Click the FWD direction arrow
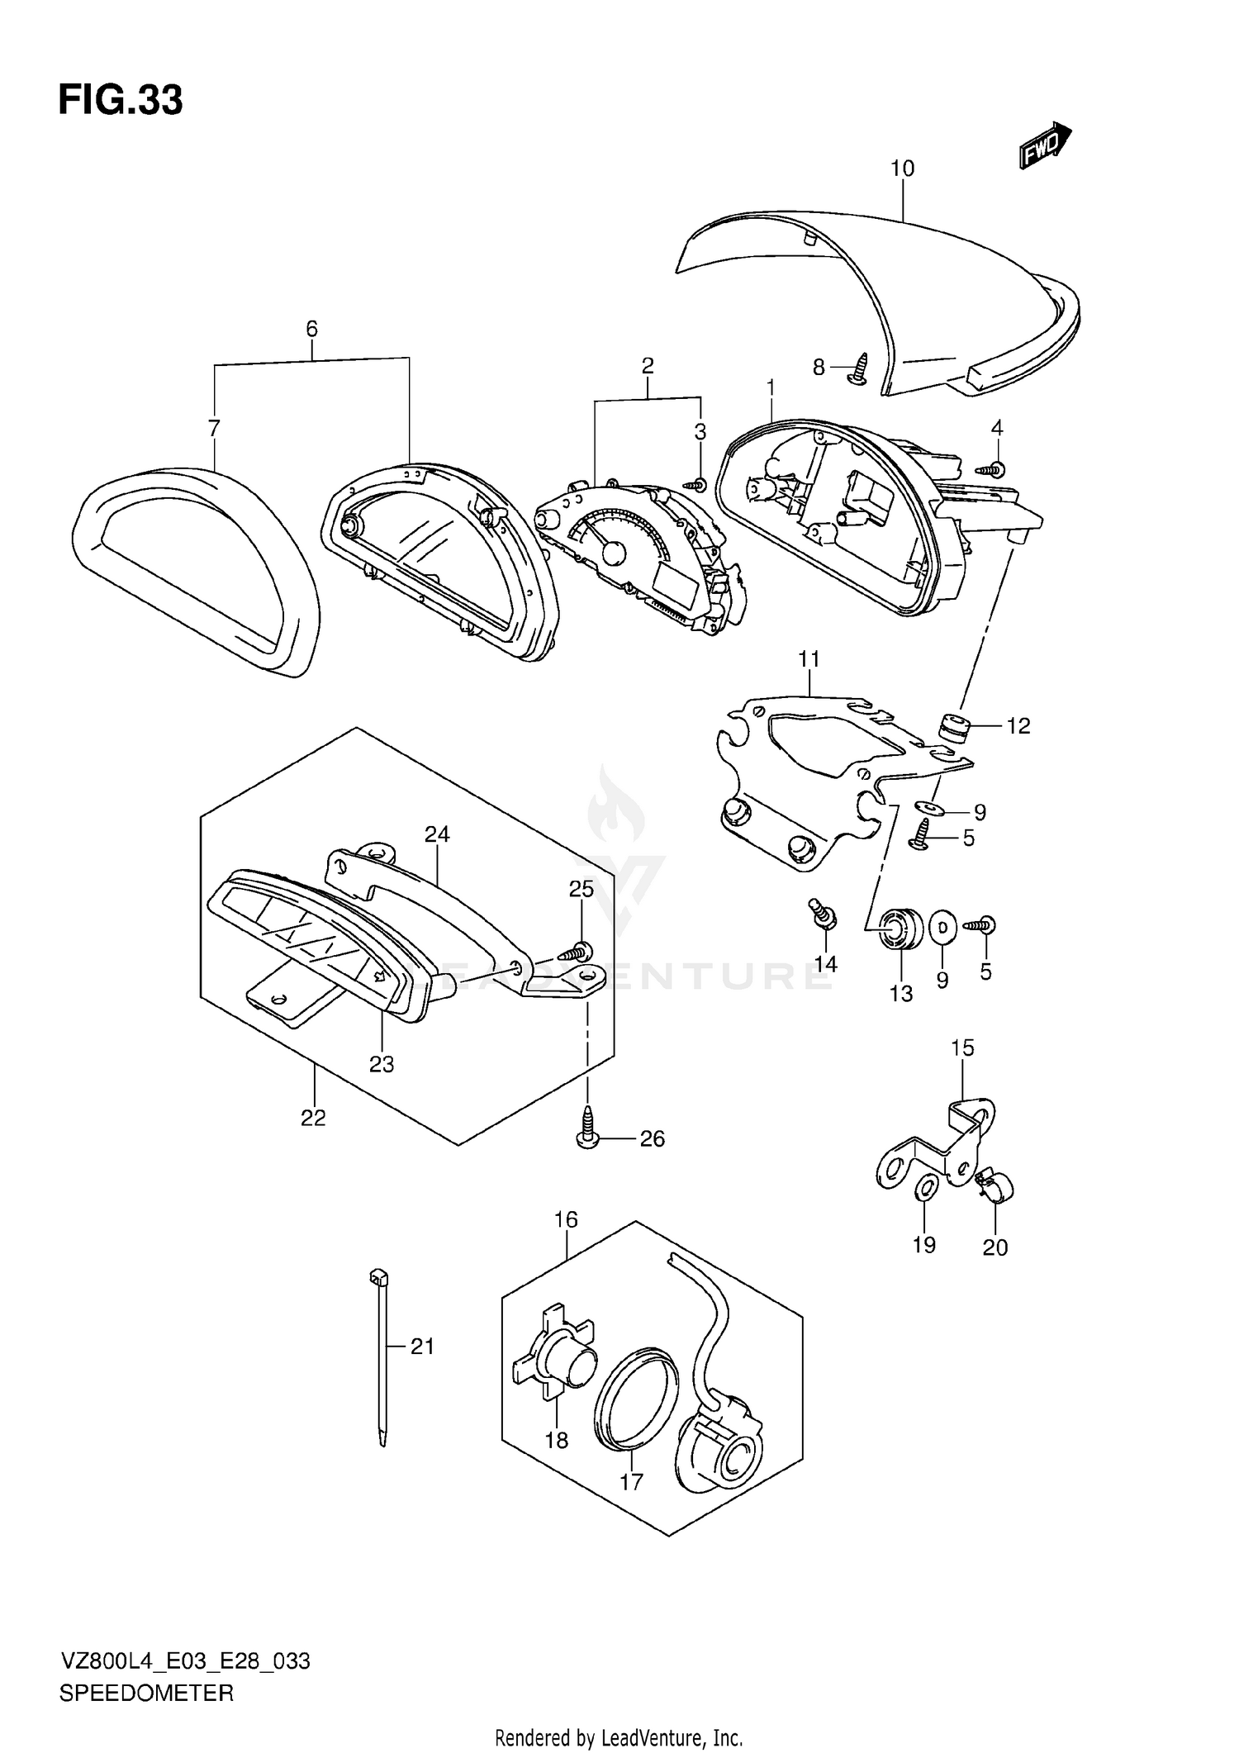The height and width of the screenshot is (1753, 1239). point(1044,147)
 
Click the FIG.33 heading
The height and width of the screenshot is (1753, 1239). point(121,101)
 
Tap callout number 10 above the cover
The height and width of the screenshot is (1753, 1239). point(902,169)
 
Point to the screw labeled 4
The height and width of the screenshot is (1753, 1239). point(991,469)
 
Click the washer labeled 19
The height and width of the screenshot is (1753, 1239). point(926,1189)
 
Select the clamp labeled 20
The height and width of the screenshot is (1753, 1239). point(995,1187)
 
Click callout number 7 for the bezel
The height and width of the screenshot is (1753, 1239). point(214,428)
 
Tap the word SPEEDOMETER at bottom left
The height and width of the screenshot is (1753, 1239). point(146,1694)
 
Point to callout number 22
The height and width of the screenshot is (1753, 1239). point(313,1118)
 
